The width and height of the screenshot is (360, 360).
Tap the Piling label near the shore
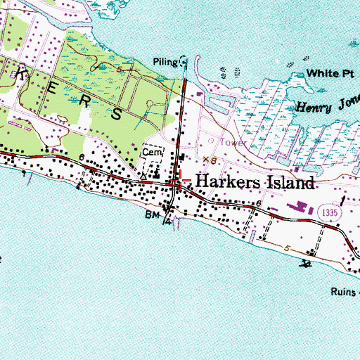(165, 60)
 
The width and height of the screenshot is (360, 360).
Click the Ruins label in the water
(345, 290)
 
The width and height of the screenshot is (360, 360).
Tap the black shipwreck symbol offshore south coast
(306, 264)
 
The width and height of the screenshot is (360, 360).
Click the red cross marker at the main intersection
(179, 182)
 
